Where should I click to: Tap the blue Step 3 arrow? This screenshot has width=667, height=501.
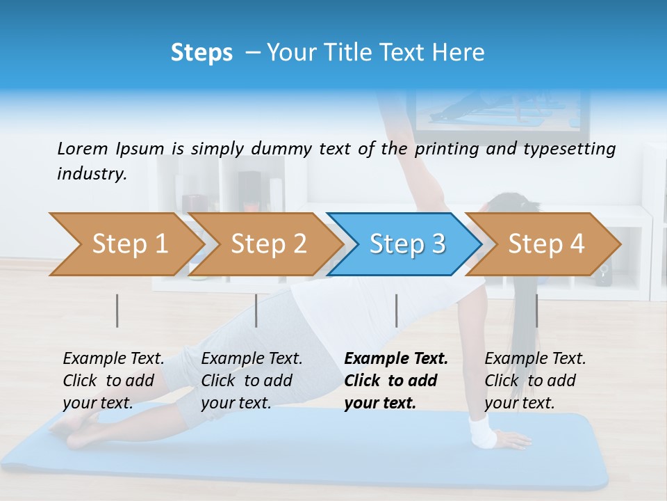407,244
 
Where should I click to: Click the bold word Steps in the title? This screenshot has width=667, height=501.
201,52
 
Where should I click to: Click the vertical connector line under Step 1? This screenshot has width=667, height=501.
117,310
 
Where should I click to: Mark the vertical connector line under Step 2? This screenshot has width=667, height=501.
256,310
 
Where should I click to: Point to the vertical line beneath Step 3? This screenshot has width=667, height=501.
396,310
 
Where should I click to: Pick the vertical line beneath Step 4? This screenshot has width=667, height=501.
536,310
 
